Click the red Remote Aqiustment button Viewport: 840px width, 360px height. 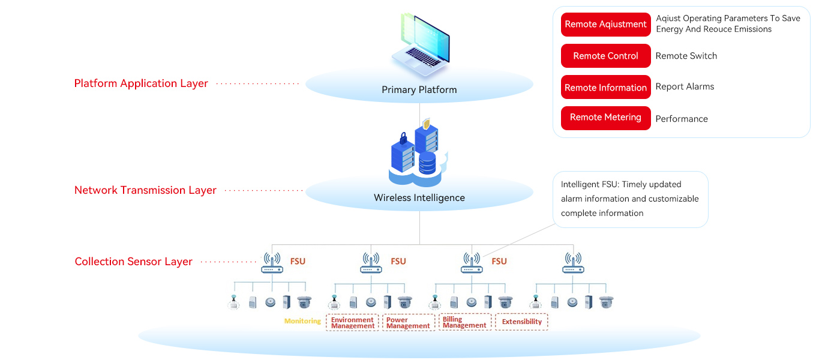pos(605,25)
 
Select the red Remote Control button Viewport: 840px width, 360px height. pos(605,56)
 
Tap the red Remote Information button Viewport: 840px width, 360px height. pos(605,88)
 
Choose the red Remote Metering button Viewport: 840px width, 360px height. pos(605,118)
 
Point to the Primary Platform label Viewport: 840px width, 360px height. pos(419,90)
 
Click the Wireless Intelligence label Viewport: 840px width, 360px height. pos(419,198)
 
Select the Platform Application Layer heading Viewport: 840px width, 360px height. pos(141,83)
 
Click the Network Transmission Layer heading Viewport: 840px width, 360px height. pos(145,190)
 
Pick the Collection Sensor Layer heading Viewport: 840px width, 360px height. pos(133,262)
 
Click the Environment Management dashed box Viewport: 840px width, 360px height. pos(352,322)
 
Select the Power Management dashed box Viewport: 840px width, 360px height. pos(408,322)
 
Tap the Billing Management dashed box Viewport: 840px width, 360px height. pos(464,322)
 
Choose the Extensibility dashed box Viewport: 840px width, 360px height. pos(521,322)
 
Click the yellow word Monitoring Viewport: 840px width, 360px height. pos(302,321)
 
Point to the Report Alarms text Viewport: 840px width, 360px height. pos(685,86)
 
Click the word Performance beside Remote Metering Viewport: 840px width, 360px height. pos(682,119)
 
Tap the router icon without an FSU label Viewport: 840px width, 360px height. pos(573,262)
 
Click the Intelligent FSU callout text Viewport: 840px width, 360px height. pos(629,199)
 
